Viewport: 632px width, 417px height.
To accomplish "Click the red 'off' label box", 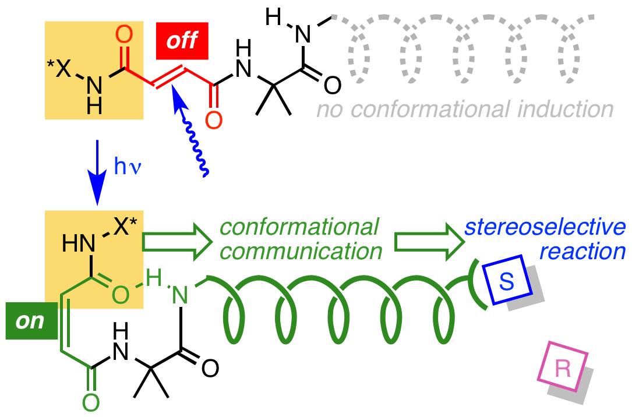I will pos(182,41).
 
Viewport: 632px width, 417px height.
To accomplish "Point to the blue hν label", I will pos(128,167).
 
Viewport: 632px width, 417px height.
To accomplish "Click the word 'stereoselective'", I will pos(545,227).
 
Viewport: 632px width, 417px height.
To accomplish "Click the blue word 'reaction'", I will pos(582,252).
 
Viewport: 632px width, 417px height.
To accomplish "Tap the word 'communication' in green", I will pos(301,252).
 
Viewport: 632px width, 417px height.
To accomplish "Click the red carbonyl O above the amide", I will pos(124,35).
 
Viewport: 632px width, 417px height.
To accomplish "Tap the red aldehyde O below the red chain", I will pos(214,121).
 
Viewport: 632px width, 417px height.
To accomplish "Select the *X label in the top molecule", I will pos(58,69).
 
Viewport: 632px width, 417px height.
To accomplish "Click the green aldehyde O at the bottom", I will pos(91,402).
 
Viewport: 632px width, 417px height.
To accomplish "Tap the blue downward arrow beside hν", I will pos(97,172).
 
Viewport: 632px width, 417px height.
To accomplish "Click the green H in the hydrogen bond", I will pos(154,279).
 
